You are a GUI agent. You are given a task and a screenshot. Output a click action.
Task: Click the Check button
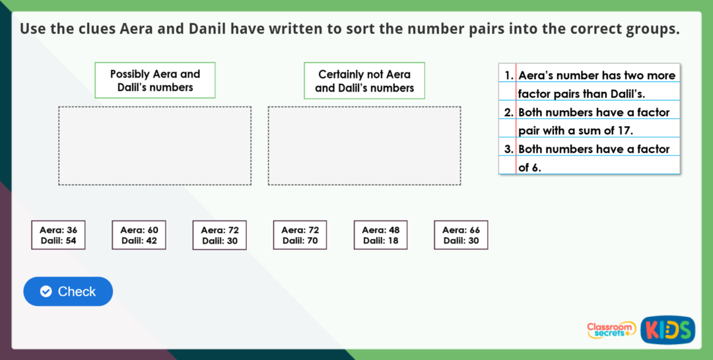click(68, 291)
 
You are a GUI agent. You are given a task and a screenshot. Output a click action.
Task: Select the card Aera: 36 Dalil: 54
click(58, 235)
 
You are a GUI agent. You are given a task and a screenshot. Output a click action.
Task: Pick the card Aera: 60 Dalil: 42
click(139, 235)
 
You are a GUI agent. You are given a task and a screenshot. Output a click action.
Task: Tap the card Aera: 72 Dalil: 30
click(219, 235)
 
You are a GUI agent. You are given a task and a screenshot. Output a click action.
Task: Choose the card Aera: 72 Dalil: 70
click(300, 235)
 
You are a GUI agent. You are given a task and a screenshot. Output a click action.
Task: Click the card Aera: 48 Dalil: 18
click(380, 235)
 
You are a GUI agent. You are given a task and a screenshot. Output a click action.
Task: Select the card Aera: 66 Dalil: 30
click(461, 235)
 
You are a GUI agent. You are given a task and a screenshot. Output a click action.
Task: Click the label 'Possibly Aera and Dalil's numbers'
click(155, 81)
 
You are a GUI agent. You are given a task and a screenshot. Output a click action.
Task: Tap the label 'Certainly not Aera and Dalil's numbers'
click(364, 81)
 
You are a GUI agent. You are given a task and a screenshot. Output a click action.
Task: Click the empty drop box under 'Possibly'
click(154, 146)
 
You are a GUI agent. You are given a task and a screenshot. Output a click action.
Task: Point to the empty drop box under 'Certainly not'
click(364, 146)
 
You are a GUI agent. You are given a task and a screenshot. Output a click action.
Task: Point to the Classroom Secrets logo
click(611, 330)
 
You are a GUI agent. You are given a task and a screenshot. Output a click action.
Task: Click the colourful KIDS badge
click(667, 330)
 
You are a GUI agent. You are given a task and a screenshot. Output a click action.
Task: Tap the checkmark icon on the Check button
click(46, 291)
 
